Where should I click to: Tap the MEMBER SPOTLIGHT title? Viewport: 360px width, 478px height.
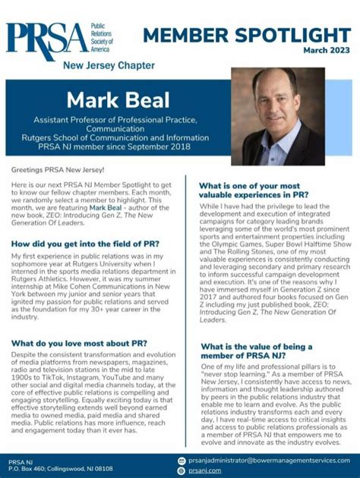246,35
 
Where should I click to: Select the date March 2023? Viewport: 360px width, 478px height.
328,52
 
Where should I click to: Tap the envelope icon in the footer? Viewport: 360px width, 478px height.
182,460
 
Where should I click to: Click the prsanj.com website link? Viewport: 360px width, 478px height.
205,470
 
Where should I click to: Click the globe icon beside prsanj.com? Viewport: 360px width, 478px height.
182,470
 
